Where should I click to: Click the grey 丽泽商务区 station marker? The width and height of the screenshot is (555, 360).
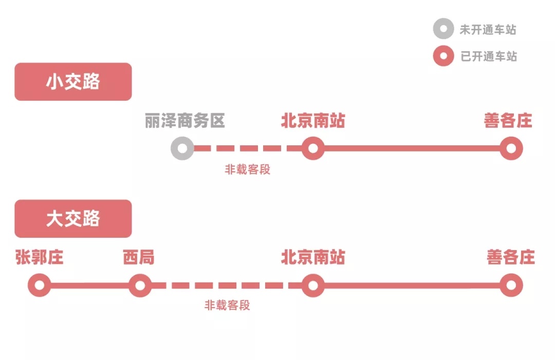182,148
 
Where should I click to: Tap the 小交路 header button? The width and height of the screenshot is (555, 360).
73,82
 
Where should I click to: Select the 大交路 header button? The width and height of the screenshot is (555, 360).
73,219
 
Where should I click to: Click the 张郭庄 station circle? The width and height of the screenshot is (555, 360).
40,285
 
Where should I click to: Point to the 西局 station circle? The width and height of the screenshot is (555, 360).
140,285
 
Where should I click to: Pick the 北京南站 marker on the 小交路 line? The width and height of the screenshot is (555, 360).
312,148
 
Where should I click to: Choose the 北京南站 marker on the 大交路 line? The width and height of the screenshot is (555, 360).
312,285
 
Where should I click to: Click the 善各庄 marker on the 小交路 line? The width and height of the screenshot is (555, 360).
511,148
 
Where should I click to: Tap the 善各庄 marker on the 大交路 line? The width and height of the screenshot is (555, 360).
511,285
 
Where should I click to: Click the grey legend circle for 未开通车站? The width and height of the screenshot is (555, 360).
443,29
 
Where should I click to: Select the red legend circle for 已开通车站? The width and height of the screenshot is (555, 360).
443,56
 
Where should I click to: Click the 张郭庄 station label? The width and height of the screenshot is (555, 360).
40,257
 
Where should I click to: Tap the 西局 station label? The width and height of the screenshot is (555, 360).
139,257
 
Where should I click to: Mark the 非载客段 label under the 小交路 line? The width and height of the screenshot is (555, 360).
247,169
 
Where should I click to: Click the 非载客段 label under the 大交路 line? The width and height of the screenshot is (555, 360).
227,306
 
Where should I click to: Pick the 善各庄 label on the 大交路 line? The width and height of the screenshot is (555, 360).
511,257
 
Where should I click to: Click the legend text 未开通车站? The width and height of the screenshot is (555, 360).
488,30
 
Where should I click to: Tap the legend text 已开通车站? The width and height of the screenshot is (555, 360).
488,56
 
